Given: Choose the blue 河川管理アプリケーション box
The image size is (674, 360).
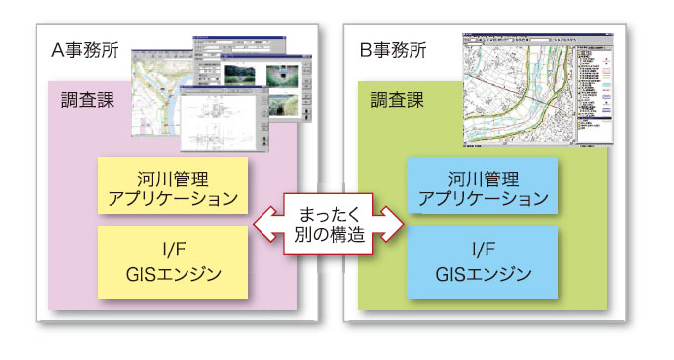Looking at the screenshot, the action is point(483,186).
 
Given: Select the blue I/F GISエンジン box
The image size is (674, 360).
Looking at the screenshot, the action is point(483,260).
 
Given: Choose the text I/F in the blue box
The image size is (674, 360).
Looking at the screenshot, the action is point(483,248).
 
